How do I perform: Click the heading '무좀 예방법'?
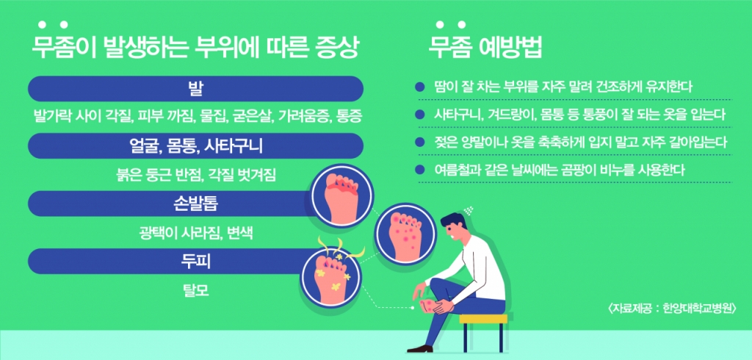[485, 48]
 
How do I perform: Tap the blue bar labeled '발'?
[195, 88]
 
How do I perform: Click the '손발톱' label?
[195, 204]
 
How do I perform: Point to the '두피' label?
[195, 262]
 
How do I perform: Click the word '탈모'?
[195, 290]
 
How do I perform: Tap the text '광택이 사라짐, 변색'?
[195, 233]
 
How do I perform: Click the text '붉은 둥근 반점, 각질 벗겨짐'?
[195, 175]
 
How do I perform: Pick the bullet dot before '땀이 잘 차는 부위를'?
[421, 87]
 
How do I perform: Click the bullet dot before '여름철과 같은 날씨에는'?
[421, 170]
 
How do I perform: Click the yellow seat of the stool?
[483, 319]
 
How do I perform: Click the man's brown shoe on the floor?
[419, 348]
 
